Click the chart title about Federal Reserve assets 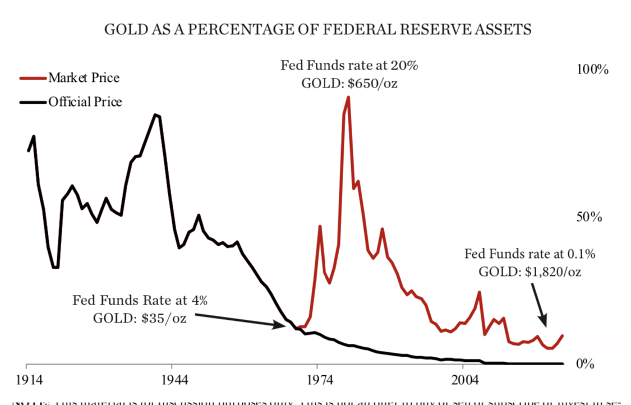click(317, 29)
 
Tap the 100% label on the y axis click(592, 70)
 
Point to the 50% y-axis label click(589, 217)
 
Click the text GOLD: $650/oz click(349, 84)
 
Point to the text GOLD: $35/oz click(140, 318)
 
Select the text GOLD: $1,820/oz click(529, 272)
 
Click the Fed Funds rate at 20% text click(349, 66)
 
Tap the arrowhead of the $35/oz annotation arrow click(284, 325)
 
